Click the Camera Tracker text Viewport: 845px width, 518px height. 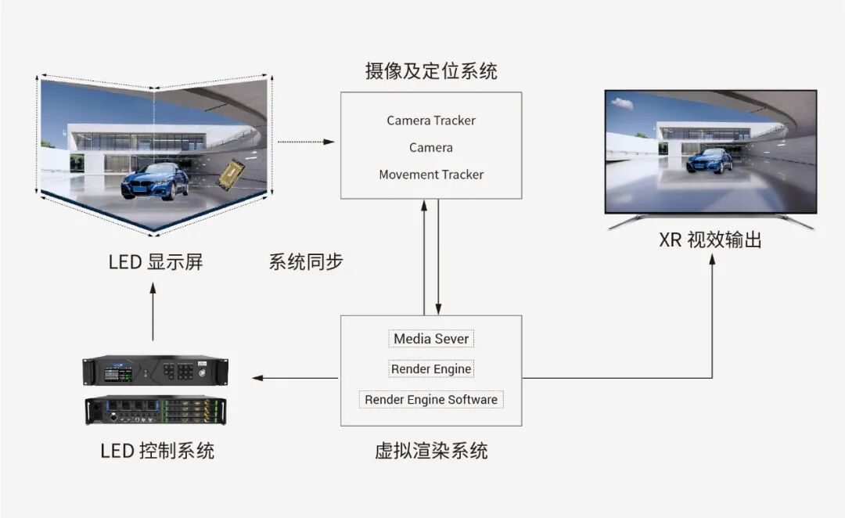tap(431, 121)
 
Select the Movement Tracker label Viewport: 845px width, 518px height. tap(431, 174)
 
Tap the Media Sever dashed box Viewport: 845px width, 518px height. tap(431, 339)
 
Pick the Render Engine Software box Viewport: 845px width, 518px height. tap(431, 399)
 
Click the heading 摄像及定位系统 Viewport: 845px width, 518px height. tap(431, 72)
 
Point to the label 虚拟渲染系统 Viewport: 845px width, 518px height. tap(431, 451)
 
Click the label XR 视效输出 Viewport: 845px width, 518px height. tap(710, 239)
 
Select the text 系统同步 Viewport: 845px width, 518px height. tap(306, 261)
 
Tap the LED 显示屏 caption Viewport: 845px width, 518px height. tap(156, 261)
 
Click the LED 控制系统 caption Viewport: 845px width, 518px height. tap(156, 451)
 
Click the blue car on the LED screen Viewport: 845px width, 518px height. tap(155, 180)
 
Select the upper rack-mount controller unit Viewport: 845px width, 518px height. tap(156, 370)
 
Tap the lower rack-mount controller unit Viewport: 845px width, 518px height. tap(156, 409)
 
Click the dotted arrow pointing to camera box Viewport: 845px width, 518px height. tap(305, 142)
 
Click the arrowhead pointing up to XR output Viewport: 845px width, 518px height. tap(712, 261)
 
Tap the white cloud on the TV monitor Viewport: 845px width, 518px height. tap(622, 103)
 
